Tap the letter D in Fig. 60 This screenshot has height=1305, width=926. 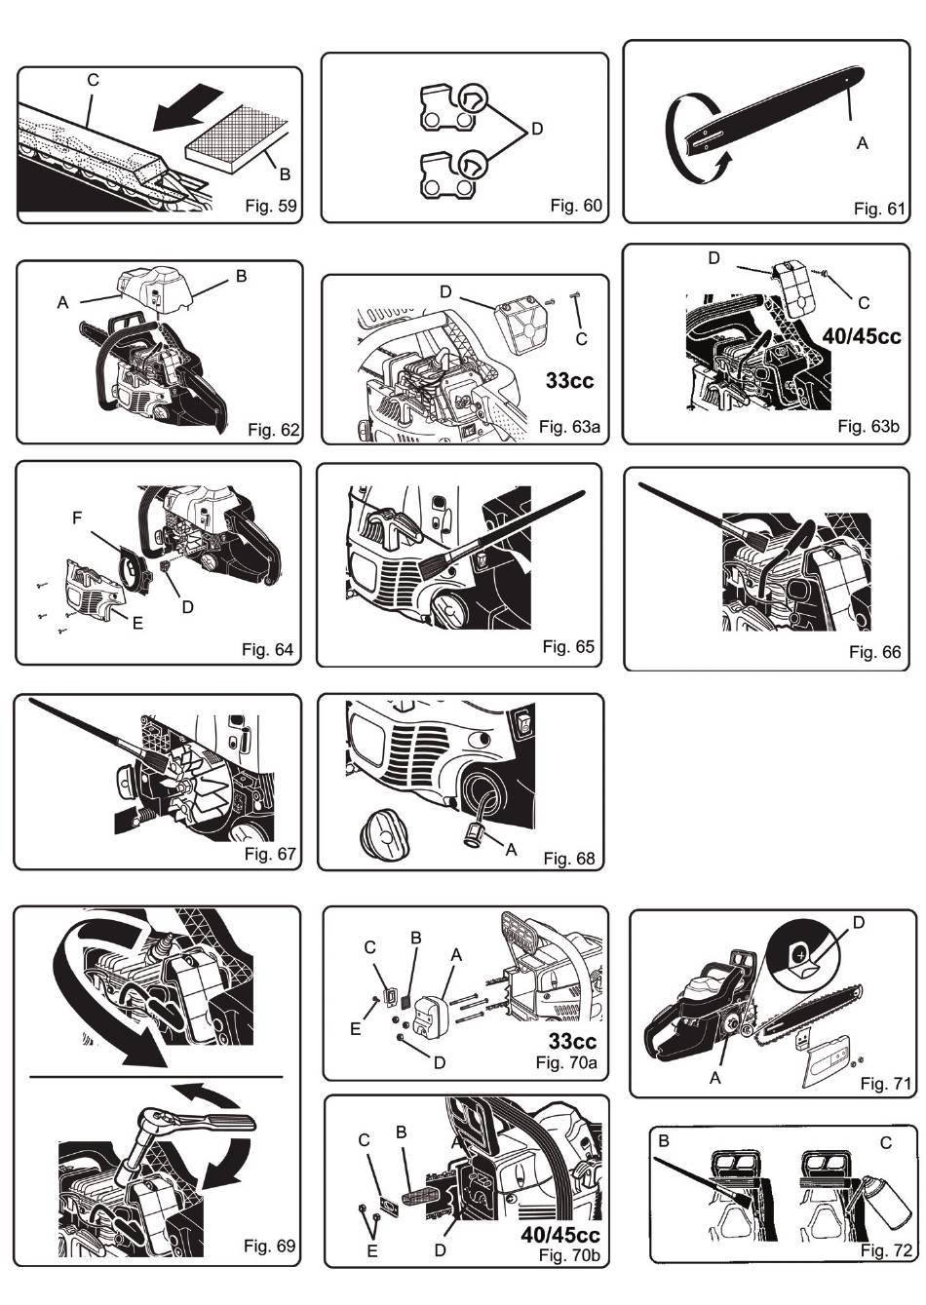click(x=537, y=130)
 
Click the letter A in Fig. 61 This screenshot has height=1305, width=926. click(x=862, y=143)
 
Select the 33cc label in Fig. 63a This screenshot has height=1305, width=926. click(x=569, y=380)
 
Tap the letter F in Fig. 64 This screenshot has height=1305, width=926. click(x=77, y=519)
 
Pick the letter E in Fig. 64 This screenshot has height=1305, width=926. click(x=137, y=623)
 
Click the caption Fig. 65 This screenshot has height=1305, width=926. click(x=568, y=646)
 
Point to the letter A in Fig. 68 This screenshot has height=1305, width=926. click(x=510, y=850)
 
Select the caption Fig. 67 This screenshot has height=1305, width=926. click(x=269, y=855)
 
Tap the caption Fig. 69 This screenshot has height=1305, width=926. click(x=269, y=1246)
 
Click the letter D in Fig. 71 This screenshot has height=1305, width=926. click(x=859, y=922)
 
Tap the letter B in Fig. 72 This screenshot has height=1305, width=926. click(x=664, y=1141)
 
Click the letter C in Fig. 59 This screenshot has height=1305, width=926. click(x=94, y=81)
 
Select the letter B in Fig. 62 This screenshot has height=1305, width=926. click(x=241, y=277)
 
